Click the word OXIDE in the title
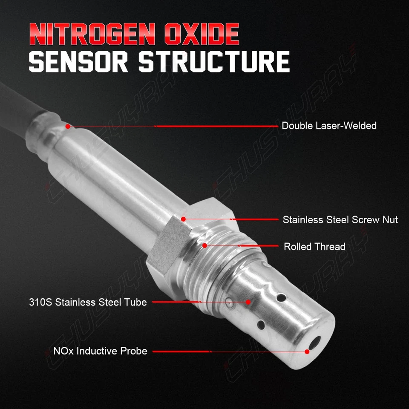pyautogui.click(x=201, y=35)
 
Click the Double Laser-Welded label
pyautogui.click(x=329, y=126)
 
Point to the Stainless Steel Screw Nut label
pyautogui.click(x=340, y=220)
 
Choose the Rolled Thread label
pyautogui.click(x=314, y=247)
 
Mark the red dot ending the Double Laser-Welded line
pyautogui.click(x=67, y=126)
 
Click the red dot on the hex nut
pyautogui.click(x=183, y=219)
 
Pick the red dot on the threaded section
pyautogui.click(x=204, y=245)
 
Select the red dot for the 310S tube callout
pyautogui.click(x=248, y=302)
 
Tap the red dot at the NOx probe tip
pyautogui.click(x=307, y=351)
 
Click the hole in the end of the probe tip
pyautogui.click(x=315, y=341)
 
